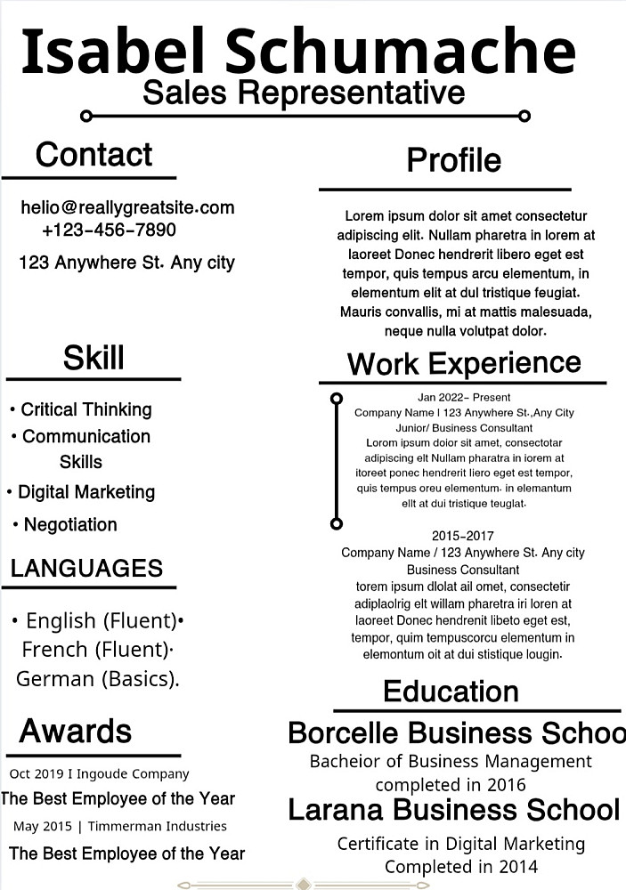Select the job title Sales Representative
point(304,92)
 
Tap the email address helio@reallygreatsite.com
point(127,207)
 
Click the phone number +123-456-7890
point(109,231)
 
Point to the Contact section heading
point(93,155)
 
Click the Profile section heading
point(453,160)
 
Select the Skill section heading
point(93,358)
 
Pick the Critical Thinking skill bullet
point(85,409)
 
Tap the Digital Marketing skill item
point(85,492)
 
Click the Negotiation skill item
point(69,525)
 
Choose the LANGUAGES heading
point(86,568)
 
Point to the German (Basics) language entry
point(98,678)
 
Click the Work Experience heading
point(463,363)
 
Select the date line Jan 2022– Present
point(464,397)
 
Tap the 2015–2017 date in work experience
point(462,536)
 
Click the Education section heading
point(451,692)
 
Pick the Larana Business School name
point(453,810)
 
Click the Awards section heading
point(76,731)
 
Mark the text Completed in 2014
point(461,866)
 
